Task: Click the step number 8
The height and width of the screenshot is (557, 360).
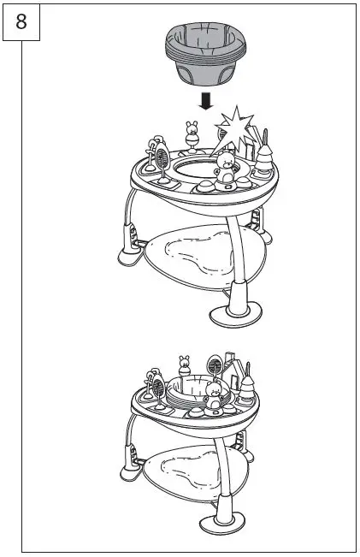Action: (21, 21)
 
